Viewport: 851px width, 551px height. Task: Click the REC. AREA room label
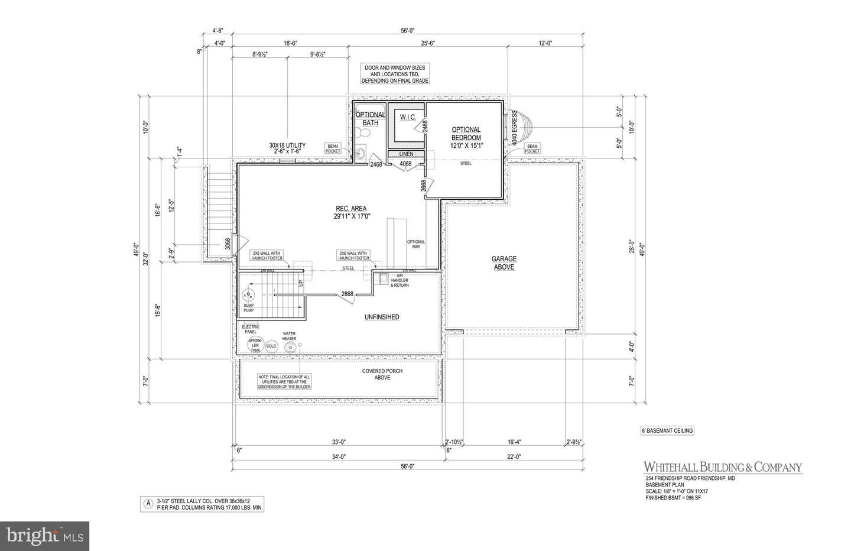click(x=350, y=212)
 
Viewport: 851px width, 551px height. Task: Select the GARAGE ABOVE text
click(x=504, y=262)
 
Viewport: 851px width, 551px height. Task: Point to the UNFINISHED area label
click(x=381, y=317)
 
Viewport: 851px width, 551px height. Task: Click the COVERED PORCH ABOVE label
click(x=382, y=374)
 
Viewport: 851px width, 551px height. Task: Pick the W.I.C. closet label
click(x=408, y=117)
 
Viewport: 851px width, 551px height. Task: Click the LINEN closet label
click(x=405, y=154)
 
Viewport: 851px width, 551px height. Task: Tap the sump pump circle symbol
click(x=249, y=295)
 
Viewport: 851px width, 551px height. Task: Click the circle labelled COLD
click(x=271, y=346)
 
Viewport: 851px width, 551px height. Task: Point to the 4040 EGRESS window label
click(x=515, y=127)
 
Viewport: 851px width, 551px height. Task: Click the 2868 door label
click(x=347, y=294)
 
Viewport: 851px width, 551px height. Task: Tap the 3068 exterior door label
click(x=228, y=244)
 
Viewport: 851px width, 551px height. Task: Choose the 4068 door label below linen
click(x=405, y=164)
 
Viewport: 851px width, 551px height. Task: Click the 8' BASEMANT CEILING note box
click(x=667, y=430)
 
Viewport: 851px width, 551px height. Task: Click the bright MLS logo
click(x=44, y=536)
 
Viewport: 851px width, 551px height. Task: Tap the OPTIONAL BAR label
click(x=416, y=244)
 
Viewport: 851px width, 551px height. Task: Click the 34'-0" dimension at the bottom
click(x=339, y=456)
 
